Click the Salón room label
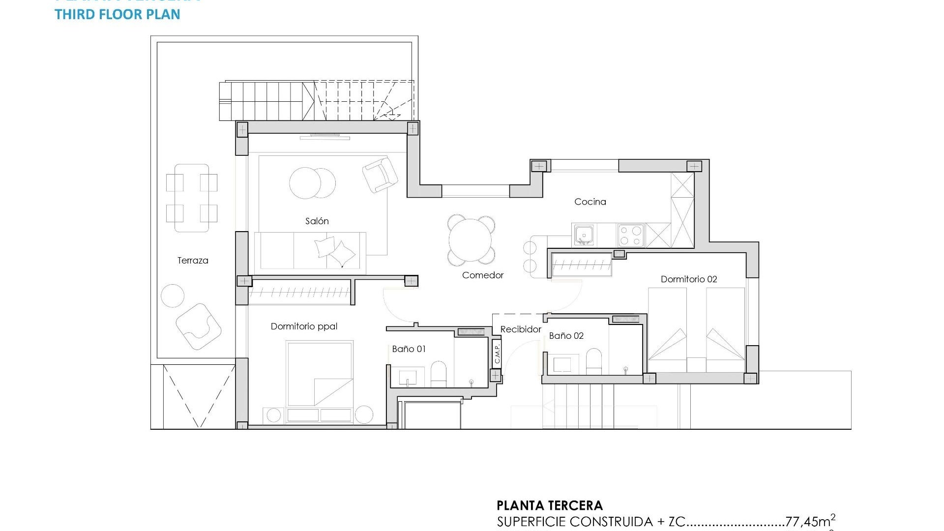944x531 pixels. tap(317, 221)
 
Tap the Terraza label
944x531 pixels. tap(193, 261)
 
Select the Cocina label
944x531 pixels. tap(590, 202)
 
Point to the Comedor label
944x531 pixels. tap(482, 275)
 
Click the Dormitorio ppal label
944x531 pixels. tap(304, 326)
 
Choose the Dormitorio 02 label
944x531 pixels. tap(688, 279)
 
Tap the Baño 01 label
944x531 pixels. tap(409, 349)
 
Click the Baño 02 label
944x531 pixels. tap(566, 336)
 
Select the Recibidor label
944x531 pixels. tap(521, 329)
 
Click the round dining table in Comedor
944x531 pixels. tap(471, 240)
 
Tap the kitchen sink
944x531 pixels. tap(584, 235)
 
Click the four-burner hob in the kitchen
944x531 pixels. tap(631, 235)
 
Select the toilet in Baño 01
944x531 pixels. tap(438, 375)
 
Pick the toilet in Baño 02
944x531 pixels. tap(594, 362)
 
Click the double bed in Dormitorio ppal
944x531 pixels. tap(320, 376)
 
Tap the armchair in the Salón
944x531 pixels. tap(380, 175)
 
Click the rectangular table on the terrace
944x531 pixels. tap(192, 198)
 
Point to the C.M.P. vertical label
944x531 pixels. tap(497, 353)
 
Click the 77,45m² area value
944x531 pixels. tap(810, 521)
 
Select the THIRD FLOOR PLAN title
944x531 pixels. tap(118, 14)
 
